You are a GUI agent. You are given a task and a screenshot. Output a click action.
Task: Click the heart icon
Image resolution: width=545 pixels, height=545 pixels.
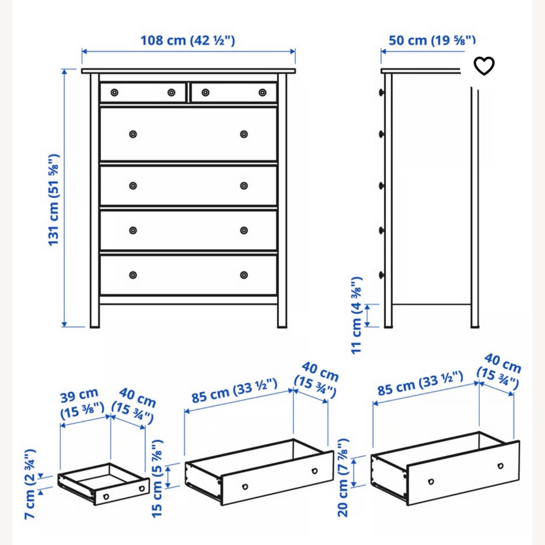[484, 66]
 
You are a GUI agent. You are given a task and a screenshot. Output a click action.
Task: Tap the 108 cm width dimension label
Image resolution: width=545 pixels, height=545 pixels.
[187, 40]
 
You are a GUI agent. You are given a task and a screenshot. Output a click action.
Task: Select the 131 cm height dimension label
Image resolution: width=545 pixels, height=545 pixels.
[53, 200]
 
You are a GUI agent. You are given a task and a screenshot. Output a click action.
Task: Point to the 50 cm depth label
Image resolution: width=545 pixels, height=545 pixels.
[432, 40]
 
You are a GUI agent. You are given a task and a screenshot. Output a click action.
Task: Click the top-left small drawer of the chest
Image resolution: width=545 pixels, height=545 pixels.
[143, 93]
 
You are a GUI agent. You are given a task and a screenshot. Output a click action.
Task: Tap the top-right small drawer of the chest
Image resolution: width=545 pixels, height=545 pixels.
[234, 93]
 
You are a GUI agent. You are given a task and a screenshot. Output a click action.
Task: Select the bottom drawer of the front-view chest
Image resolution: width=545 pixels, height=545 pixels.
[188, 275]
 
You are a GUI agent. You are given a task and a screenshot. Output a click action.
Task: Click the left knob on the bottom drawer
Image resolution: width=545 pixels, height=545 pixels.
[133, 275]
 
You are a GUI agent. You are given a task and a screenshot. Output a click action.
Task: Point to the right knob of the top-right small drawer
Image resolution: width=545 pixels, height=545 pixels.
[262, 93]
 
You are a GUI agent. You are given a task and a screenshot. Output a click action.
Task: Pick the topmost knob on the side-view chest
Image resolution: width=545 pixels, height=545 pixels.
[381, 92]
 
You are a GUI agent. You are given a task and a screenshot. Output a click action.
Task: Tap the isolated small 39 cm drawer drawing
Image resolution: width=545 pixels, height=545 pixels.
[104, 483]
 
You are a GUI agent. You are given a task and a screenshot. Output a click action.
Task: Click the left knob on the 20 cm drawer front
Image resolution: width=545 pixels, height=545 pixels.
[431, 482]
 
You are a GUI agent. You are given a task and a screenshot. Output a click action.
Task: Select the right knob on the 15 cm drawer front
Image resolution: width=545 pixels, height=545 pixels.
[315, 471]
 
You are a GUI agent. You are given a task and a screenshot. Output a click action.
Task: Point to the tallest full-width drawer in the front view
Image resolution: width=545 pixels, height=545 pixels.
[188, 134]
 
